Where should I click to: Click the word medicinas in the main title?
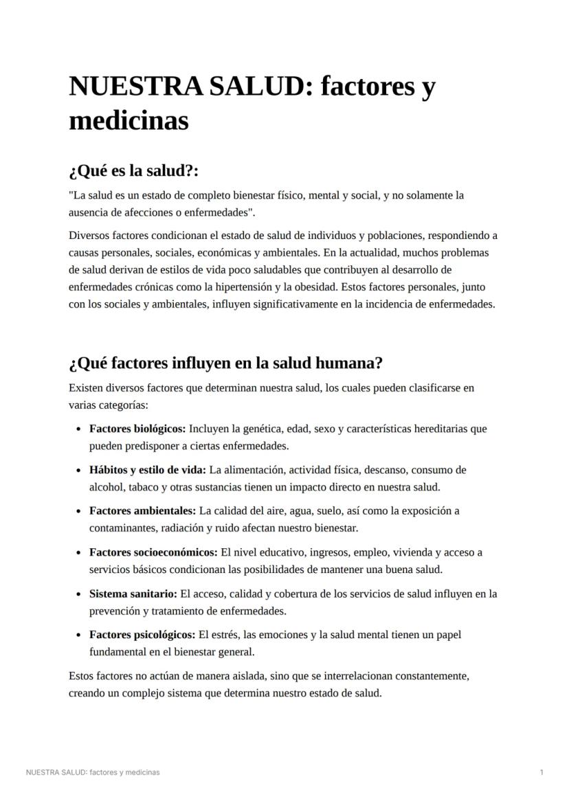tap(129, 121)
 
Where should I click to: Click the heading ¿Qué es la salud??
tap(133, 170)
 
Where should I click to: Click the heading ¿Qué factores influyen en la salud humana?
tap(225, 363)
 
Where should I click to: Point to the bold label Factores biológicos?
tap(137, 429)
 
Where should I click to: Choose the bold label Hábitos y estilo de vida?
tap(148, 470)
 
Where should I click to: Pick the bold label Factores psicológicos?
tap(142, 635)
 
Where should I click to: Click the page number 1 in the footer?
tap(542, 772)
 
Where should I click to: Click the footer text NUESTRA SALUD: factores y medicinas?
tap(93, 772)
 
